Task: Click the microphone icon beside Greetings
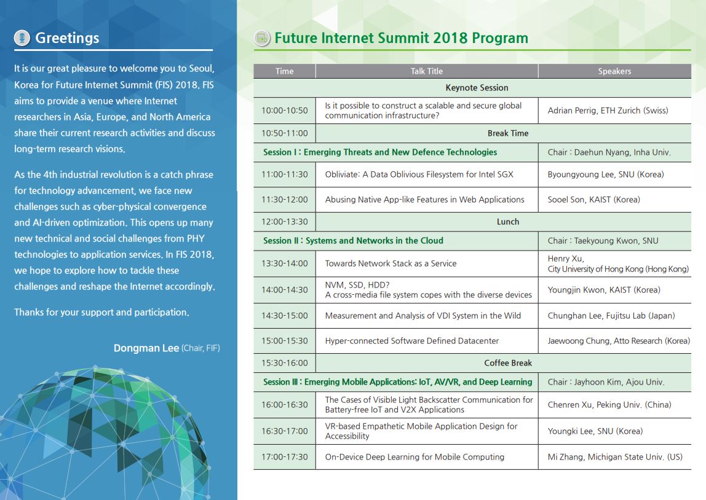22,37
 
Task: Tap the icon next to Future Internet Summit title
262,38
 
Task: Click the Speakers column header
614,71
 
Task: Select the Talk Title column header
426,71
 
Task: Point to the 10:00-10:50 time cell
285,111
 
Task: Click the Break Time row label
508,133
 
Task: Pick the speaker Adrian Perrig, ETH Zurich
608,111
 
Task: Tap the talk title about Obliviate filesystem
419,174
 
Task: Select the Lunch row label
508,222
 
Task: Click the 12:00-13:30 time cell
285,222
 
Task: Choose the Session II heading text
353,241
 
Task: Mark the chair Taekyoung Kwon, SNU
603,241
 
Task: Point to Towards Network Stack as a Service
391,264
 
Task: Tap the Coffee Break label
508,363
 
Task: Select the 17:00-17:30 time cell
285,457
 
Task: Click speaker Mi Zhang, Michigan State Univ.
615,457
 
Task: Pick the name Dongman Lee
146,348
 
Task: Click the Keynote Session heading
477,88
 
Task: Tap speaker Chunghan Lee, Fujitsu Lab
611,316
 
